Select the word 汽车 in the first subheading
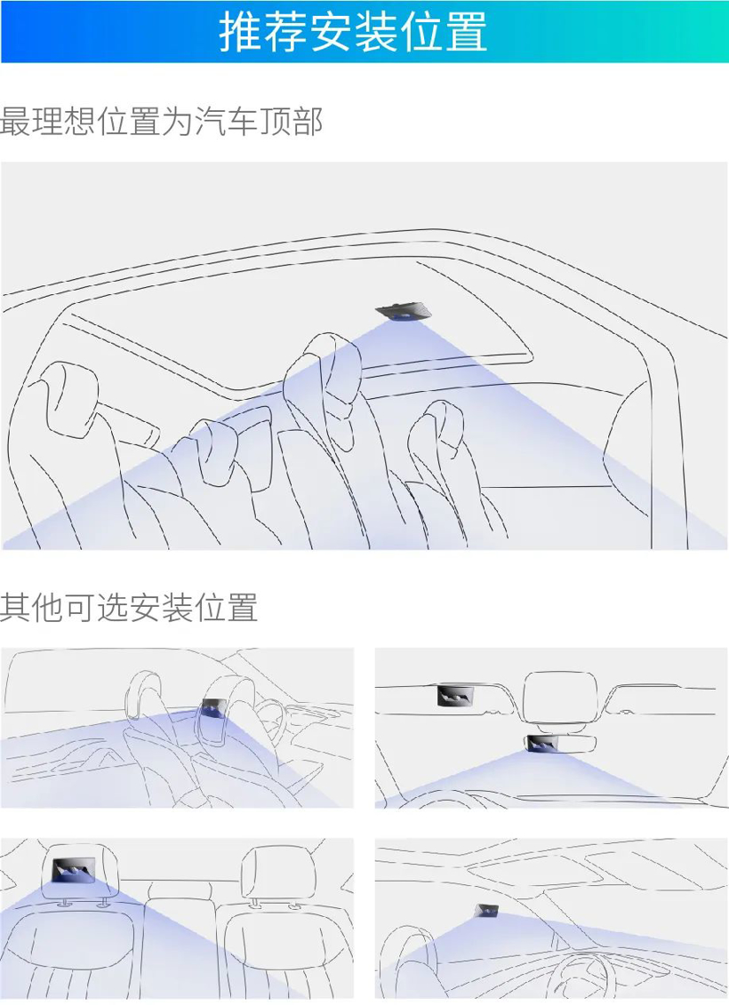226,121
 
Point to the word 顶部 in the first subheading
291,121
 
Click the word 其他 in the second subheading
31,608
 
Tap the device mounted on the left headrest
73,871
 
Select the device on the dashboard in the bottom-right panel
486,910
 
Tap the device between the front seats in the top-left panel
213,707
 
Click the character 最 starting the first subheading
15,121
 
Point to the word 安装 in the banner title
353,31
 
